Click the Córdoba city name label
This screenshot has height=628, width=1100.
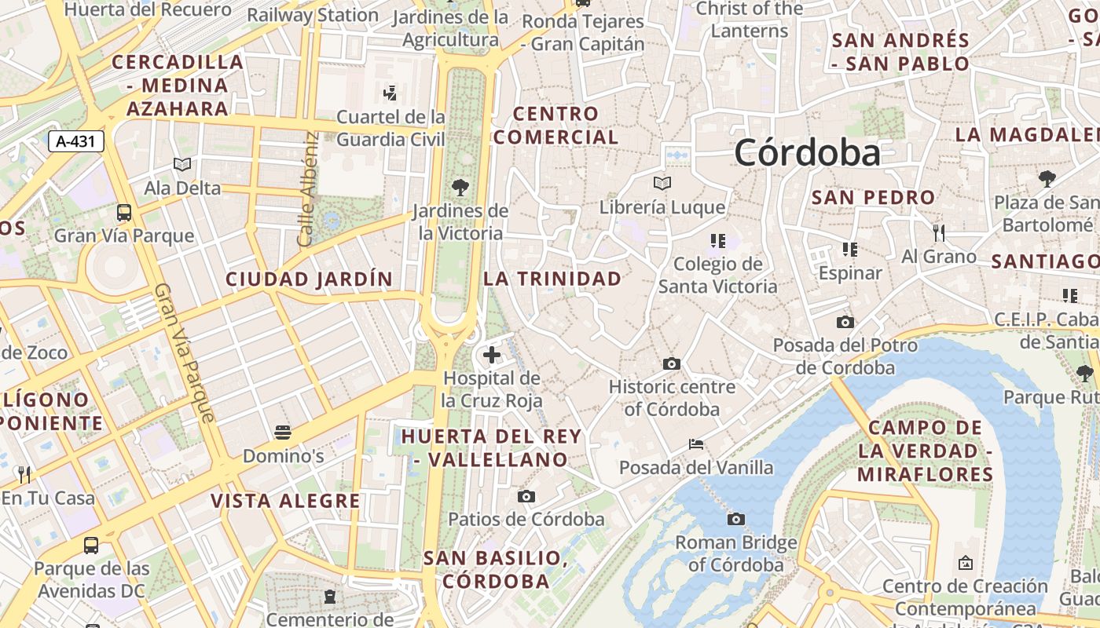pyautogui.click(x=807, y=152)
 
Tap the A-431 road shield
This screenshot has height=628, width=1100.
pyautogui.click(x=76, y=141)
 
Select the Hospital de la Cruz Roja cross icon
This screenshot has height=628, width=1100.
pyautogui.click(x=492, y=355)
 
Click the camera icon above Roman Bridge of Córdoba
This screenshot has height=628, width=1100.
pyautogui.click(x=736, y=519)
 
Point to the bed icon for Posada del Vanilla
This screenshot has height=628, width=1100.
pyautogui.click(x=695, y=444)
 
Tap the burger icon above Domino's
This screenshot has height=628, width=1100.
pyautogui.click(x=283, y=433)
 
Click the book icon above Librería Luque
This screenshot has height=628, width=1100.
pyautogui.click(x=662, y=184)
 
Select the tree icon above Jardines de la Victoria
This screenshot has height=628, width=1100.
pyautogui.click(x=460, y=188)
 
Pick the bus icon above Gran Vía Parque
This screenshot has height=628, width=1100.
pyautogui.click(x=124, y=212)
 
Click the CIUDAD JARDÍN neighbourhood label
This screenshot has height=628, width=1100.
pyautogui.click(x=309, y=279)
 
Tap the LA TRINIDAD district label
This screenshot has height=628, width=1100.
pyautogui.click(x=552, y=279)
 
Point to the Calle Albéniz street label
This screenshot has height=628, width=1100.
pyautogui.click(x=307, y=188)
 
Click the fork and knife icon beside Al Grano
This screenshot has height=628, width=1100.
pyautogui.click(x=938, y=232)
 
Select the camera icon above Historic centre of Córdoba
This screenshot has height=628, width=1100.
pyautogui.click(x=672, y=363)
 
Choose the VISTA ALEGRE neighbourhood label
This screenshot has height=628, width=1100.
pyautogui.click(x=285, y=501)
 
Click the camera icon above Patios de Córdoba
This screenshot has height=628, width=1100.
pyautogui.click(x=526, y=496)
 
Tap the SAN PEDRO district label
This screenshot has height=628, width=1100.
pyautogui.click(x=873, y=198)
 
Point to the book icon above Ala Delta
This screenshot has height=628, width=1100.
pyautogui.click(x=182, y=165)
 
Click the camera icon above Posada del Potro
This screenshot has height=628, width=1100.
pyautogui.click(x=845, y=322)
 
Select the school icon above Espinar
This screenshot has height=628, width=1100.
pyautogui.click(x=849, y=250)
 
